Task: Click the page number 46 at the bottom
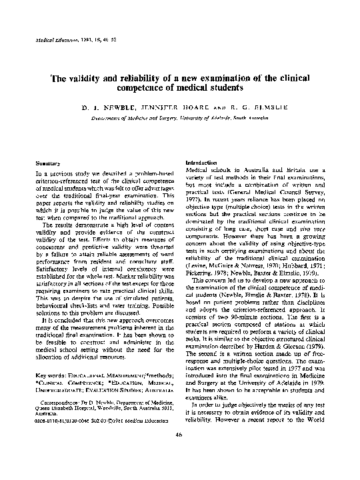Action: click(x=179, y=453)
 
